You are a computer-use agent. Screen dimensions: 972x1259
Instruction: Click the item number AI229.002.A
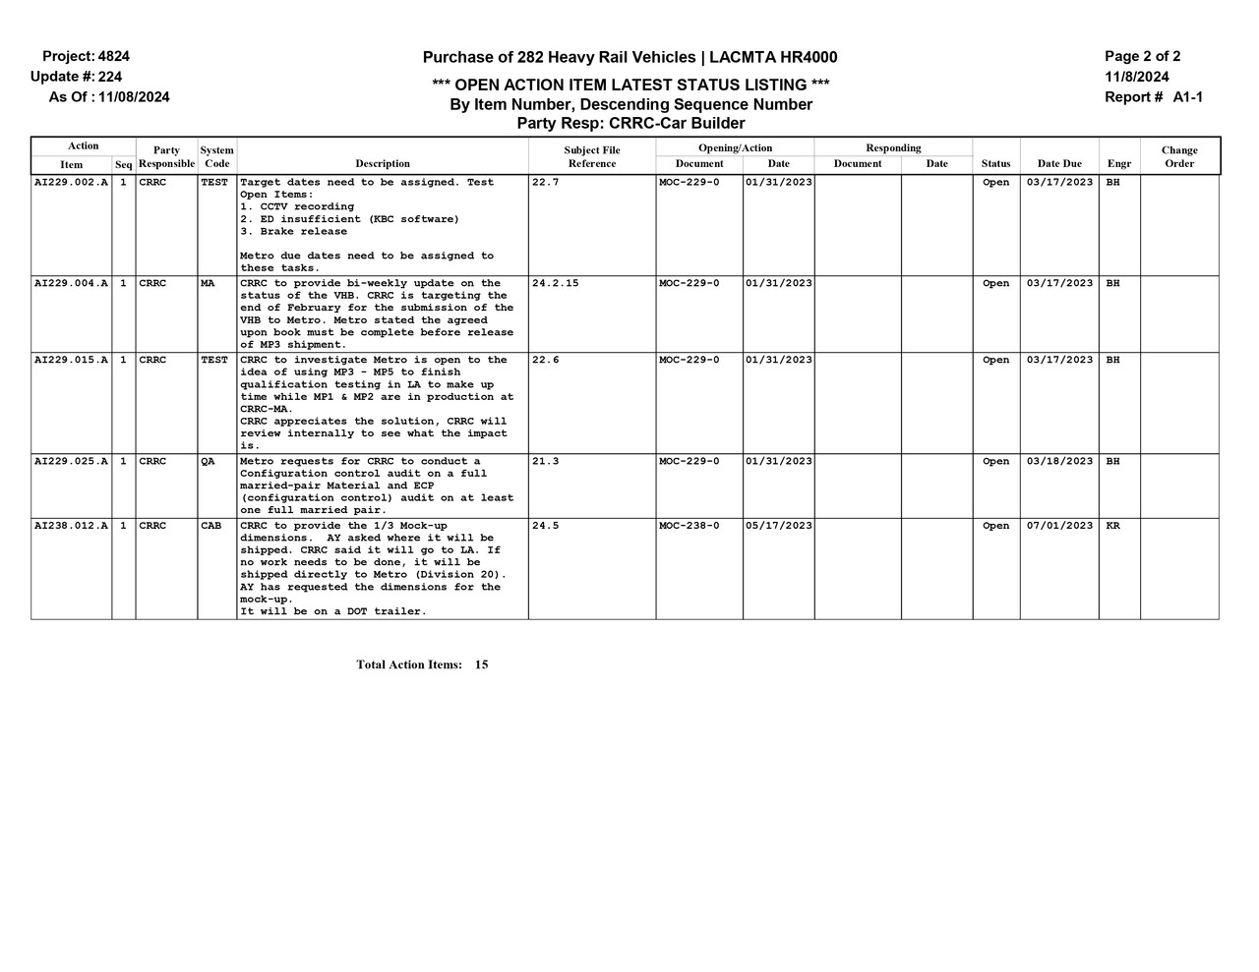71,183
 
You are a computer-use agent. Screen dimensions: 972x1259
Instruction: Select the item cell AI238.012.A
71,526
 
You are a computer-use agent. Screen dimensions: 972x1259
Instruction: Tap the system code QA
208,462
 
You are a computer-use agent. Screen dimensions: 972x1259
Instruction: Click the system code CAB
210,526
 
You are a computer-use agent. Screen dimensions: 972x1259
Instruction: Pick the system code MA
208,284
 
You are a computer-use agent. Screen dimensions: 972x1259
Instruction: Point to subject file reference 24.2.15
555,284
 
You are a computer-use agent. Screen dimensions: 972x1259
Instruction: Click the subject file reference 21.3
545,462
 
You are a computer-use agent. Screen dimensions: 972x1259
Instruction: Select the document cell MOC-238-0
689,526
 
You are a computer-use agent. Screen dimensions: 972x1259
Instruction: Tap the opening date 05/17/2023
778,526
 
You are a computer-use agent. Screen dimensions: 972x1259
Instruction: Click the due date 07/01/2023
1059,526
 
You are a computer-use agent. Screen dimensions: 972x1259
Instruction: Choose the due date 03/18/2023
1059,462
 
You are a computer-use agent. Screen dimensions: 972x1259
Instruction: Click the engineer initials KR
1112,526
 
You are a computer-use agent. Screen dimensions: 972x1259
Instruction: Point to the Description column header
383,164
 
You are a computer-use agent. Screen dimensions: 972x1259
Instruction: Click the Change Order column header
1179,157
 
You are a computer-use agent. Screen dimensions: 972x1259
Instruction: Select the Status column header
995,164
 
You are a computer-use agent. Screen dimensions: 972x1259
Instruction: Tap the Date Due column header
1059,164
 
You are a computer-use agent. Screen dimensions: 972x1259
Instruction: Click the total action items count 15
481,665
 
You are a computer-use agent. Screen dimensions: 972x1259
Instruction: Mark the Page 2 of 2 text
1142,57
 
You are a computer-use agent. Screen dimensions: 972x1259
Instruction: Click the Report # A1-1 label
1154,97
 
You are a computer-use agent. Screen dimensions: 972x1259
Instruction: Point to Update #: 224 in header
76,77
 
